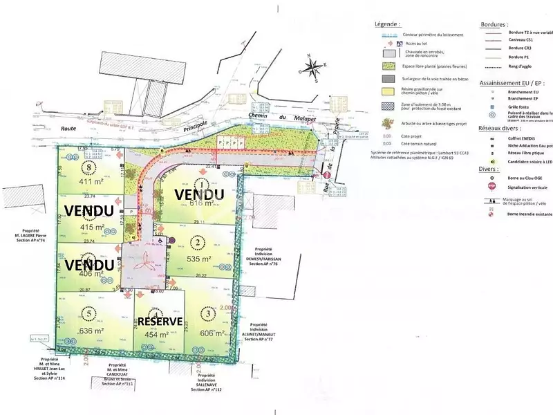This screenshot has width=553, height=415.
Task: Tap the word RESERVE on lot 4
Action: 160,322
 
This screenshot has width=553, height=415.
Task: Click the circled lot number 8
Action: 88,167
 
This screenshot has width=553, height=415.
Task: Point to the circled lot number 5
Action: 87,312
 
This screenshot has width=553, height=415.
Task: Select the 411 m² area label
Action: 88,182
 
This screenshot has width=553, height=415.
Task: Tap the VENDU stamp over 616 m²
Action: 199,195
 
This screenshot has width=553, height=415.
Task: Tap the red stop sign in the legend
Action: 491,186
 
